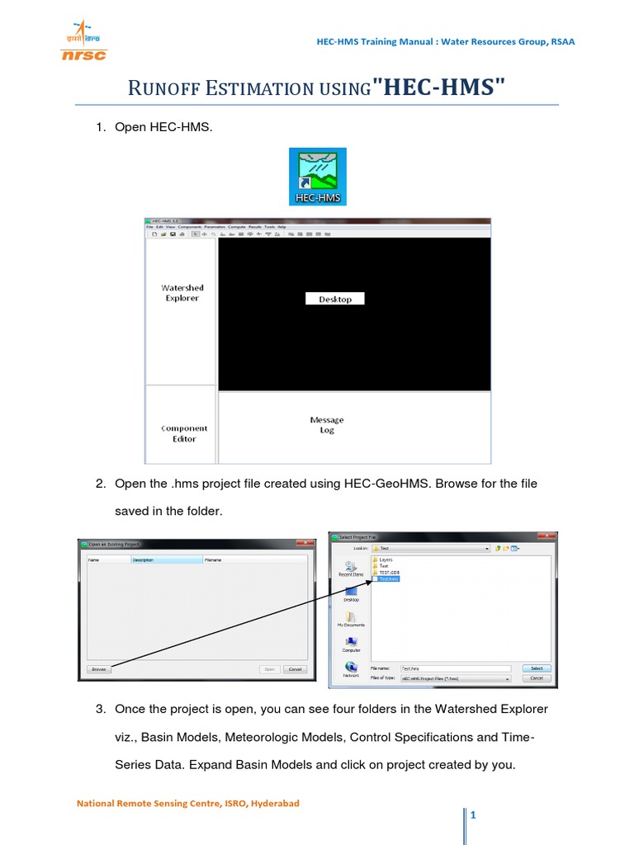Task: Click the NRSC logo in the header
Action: point(83,41)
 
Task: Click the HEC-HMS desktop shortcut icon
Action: point(318,177)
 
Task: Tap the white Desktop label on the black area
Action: point(335,299)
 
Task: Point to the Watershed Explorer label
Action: point(182,293)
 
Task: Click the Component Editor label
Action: point(184,433)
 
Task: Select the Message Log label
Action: point(327,425)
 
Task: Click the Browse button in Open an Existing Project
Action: point(98,669)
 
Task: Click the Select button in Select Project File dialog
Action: point(536,668)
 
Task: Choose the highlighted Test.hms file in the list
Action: point(388,579)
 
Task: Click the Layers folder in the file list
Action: point(385,559)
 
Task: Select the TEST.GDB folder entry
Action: point(389,573)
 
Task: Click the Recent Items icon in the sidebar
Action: point(351,569)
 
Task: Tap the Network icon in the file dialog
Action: point(351,668)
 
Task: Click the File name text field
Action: point(454,668)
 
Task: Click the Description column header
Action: point(165,559)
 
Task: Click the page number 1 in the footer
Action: point(475,816)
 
